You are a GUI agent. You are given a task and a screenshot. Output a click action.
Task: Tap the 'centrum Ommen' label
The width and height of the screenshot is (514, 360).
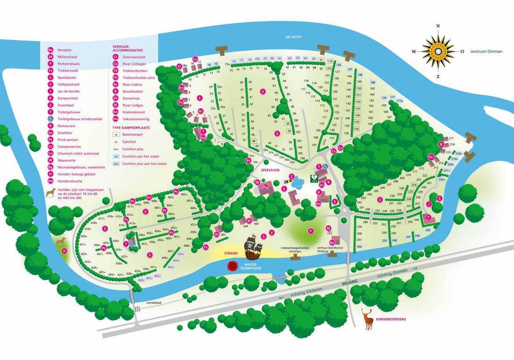click(x=486, y=51)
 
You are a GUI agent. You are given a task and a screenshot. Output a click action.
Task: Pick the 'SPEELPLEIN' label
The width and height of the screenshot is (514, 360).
click(x=270, y=171)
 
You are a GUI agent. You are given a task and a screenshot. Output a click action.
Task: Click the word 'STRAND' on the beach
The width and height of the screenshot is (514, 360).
click(x=231, y=253)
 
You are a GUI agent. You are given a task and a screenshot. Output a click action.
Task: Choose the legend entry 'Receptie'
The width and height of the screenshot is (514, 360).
click(x=64, y=50)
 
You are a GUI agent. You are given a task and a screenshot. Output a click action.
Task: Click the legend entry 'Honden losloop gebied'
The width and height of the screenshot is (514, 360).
click(x=75, y=173)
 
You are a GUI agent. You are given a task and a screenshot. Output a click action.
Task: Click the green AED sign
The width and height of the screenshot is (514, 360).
click(x=314, y=178)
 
